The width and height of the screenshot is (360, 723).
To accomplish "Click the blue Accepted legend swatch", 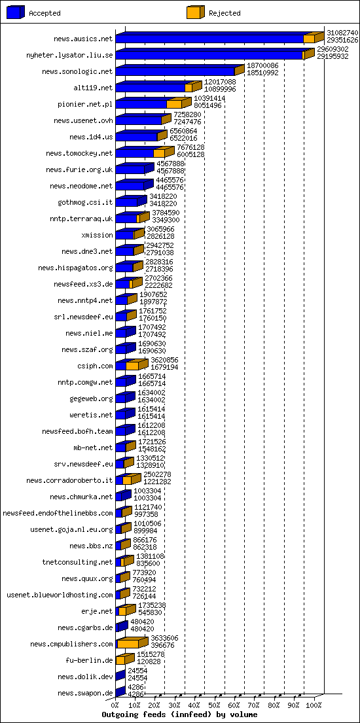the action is pos(16,12).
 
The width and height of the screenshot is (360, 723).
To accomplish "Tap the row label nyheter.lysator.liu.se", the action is pos(69,55).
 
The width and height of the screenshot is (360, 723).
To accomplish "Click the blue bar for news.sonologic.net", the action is pos(175,71).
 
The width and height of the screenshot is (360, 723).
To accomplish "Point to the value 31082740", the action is pos(342,32).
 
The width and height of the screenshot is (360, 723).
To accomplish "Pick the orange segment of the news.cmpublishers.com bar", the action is pos(128,644).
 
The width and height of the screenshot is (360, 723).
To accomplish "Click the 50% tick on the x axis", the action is pos(215,705).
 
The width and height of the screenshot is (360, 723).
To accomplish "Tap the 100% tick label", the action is pos(314,705).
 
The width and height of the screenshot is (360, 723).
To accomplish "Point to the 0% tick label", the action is pos(115,705).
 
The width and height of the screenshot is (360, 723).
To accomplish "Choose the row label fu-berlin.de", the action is pos(89,660).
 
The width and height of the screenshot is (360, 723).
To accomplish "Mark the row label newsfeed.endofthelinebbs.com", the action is pos(58,513).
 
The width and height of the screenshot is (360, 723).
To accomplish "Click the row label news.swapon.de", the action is pos(85,693).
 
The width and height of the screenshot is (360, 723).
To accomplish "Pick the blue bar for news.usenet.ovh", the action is pos(138,120).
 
